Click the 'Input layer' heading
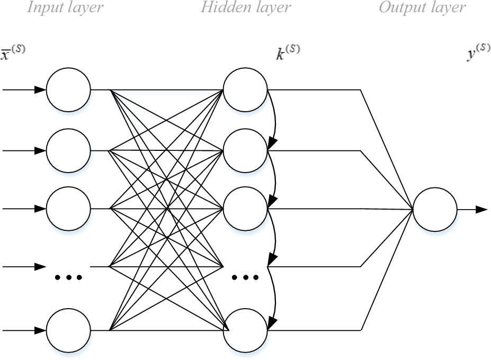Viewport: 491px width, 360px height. [x=65, y=8]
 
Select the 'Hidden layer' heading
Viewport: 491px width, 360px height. [x=246, y=8]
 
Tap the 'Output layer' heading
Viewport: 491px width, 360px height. [x=422, y=8]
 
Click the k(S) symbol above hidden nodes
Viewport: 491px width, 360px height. [x=288, y=53]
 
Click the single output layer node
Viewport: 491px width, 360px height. [x=435, y=209]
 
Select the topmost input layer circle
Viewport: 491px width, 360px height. [x=68, y=89]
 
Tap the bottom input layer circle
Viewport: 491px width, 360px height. [x=68, y=330]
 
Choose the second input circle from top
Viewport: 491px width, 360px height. [x=68, y=150]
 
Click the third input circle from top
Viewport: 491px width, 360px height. [x=68, y=208]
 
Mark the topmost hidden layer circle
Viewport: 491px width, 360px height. [x=245, y=89]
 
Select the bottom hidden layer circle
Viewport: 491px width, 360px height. [x=245, y=330]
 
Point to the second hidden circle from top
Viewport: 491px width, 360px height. [x=245, y=150]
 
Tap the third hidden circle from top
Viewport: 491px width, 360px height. [x=245, y=208]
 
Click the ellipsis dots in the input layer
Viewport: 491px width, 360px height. [x=68, y=277]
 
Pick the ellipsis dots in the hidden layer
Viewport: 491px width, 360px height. [x=245, y=277]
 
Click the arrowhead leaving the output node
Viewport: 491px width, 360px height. [x=481, y=209]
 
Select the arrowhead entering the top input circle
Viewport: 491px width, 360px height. [x=40, y=89]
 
